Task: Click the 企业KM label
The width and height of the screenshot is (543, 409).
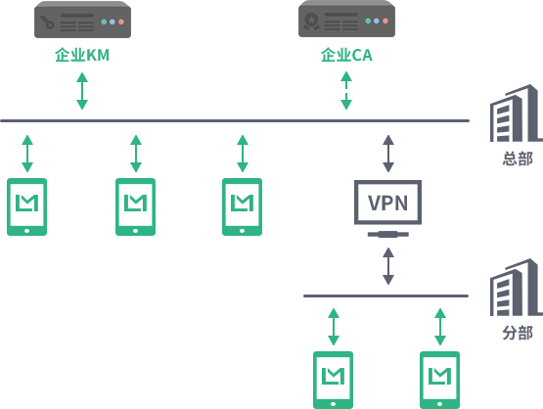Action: click(82, 55)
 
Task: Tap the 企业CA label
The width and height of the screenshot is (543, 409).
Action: click(346, 55)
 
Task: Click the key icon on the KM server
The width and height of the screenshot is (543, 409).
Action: click(47, 22)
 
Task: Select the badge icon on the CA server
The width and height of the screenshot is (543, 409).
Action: click(311, 22)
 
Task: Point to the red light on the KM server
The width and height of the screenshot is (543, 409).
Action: click(121, 22)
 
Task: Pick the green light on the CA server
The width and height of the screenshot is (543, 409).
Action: click(368, 22)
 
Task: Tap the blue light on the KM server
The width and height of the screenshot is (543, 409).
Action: click(113, 22)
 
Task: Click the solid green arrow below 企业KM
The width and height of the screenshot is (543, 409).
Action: click(82, 91)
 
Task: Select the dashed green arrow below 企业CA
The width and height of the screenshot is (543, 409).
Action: click(346, 90)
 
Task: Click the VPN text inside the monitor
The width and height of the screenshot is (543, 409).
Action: click(387, 203)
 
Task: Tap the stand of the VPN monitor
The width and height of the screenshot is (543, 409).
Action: click(388, 235)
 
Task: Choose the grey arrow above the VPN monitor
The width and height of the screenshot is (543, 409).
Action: click(388, 154)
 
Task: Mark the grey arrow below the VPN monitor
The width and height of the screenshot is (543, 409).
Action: click(388, 266)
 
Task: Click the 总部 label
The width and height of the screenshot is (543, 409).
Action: click(518, 159)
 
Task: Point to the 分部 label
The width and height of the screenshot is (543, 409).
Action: click(518, 333)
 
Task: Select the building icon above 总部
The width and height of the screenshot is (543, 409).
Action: click(517, 114)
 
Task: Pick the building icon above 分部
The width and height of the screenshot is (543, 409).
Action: click(517, 288)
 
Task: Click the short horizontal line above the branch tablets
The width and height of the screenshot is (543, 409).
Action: click(386, 296)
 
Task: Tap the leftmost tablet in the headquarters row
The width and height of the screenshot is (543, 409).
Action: click(27, 206)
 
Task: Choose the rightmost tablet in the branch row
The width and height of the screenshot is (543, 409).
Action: click(440, 381)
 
